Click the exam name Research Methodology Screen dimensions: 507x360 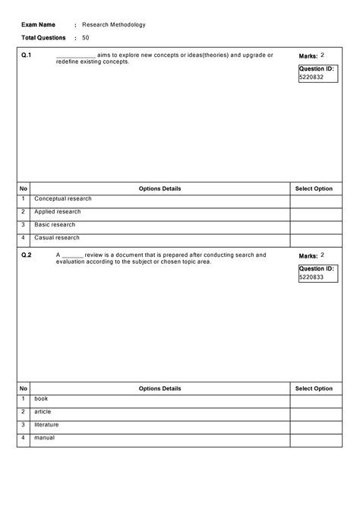click(x=114, y=24)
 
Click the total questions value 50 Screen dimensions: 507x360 click(x=86, y=37)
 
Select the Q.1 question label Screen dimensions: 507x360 click(x=27, y=55)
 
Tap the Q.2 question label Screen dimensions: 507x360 click(x=27, y=255)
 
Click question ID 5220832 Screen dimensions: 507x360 click(x=311, y=78)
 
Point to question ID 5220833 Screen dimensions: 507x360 click(x=311, y=277)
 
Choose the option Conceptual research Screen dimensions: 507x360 click(x=63, y=198)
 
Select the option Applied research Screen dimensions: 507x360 click(x=58, y=211)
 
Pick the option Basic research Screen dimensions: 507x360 click(x=55, y=225)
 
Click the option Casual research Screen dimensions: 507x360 click(x=57, y=238)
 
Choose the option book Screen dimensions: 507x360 click(x=41, y=398)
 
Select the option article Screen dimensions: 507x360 click(x=43, y=411)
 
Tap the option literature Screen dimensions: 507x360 click(x=46, y=425)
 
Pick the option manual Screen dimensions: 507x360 click(x=45, y=438)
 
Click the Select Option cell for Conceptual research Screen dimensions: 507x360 click(x=314, y=201)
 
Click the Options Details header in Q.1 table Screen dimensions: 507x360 click(x=160, y=189)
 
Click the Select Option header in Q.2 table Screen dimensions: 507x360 click(x=314, y=388)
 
